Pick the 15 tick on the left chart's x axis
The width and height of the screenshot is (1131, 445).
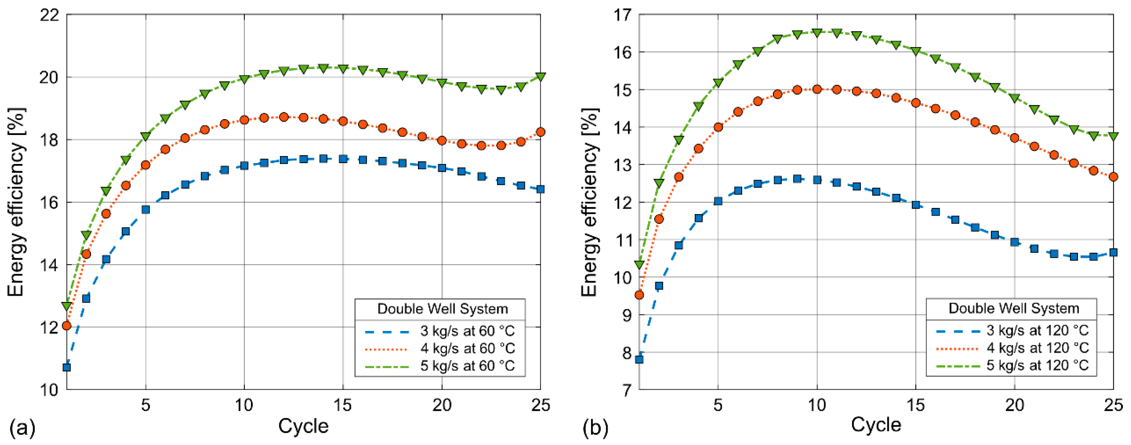tap(342, 405)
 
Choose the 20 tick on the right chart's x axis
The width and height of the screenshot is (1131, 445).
tap(1014, 405)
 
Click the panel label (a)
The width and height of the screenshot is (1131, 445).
tap(22, 428)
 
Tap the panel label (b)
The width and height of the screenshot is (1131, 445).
tap(595, 428)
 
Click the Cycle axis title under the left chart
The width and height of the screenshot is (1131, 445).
tap(303, 426)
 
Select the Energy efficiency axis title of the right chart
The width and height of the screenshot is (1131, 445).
tap(590, 202)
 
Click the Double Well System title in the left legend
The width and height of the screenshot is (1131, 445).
tap(442, 309)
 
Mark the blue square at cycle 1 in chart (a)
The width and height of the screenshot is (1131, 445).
tap(67, 367)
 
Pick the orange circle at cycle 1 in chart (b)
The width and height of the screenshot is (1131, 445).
tap(639, 295)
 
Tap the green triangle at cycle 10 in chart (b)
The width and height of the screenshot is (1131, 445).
tap(817, 33)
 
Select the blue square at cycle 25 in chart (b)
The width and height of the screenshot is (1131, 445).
tap(1113, 252)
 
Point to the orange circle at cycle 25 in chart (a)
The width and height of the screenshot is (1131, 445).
tap(541, 132)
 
